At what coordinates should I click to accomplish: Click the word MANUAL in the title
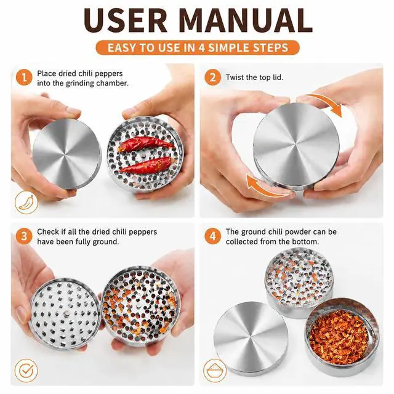(246, 20)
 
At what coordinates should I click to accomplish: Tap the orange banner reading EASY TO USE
(198, 47)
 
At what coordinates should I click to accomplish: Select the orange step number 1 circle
(24, 78)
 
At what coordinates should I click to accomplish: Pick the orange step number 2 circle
(212, 78)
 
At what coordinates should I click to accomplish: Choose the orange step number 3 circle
(24, 236)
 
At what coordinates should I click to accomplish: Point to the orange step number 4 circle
(212, 236)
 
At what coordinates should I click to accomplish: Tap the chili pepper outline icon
(26, 203)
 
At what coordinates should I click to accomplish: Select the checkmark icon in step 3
(26, 371)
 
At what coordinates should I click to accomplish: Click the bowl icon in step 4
(215, 371)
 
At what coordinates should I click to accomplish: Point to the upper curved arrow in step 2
(323, 102)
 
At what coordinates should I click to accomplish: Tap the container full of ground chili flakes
(342, 337)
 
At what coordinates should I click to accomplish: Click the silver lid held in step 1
(66, 154)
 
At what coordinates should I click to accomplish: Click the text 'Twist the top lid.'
(254, 78)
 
